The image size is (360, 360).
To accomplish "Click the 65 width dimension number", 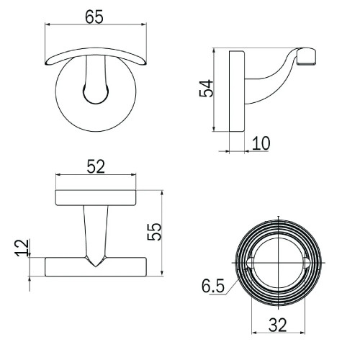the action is pyautogui.click(x=94, y=17).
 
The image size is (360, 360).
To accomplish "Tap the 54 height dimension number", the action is pyautogui.click(x=206, y=89).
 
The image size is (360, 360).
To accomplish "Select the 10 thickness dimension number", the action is pyautogui.click(x=261, y=143).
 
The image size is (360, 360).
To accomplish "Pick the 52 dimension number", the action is pyautogui.click(x=96, y=166).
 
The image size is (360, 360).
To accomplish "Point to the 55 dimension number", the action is pyautogui.click(x=154, y=232).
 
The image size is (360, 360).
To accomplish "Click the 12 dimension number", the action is pyautogui.click(x=22, y=248).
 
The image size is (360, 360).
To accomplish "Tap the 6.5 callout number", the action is pyautogui.click(x=213, y=286).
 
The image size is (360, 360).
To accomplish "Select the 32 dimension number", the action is pyautogui.click(x=278, y=325).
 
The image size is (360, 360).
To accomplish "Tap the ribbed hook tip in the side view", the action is pyautogui.click(x=306, y=57).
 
